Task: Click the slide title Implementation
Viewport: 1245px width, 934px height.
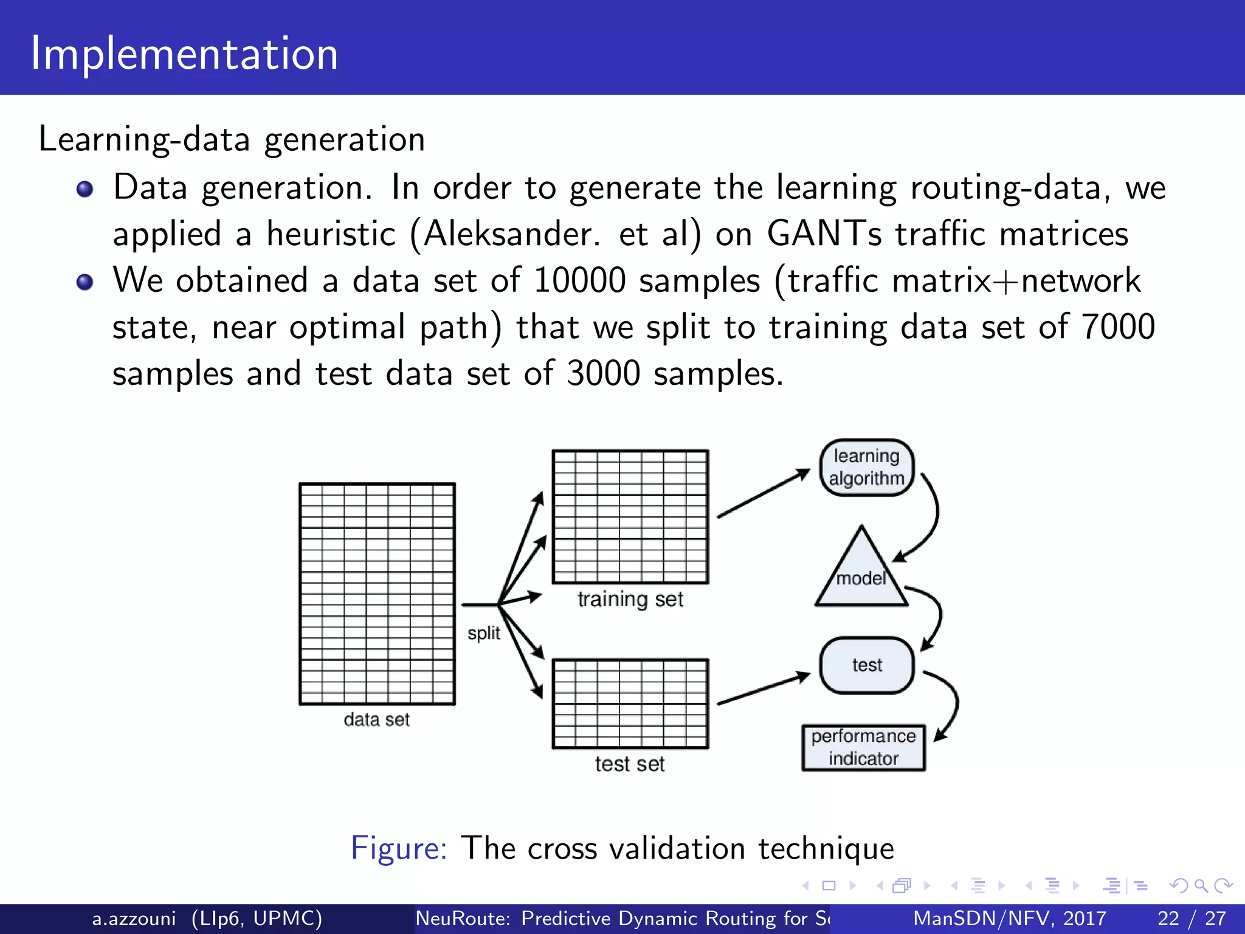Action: tap(184, 54)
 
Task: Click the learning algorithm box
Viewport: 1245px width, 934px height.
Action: tap(866, 467)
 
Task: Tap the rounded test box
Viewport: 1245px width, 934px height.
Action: tap(867, 665)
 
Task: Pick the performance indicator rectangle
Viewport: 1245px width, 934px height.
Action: tap(863, 747)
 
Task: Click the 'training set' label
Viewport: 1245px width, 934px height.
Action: tap(630, 600)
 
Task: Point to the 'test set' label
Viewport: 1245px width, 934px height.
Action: tap(630, 764)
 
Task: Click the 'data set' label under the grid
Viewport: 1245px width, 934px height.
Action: tap(377, 719)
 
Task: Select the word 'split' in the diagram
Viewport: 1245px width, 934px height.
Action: tap(484, 633)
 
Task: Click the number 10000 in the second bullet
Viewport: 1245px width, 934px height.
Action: tap(579, 280)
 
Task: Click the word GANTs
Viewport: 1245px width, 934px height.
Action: tap(824, 233)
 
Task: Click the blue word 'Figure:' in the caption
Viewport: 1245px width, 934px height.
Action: tap(399, 848)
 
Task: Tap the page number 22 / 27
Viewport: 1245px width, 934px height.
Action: tap(1191, 918)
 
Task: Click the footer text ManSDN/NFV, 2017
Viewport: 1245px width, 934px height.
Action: tap(1009, 918)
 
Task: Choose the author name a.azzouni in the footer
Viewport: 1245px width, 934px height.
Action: tap(134, 918)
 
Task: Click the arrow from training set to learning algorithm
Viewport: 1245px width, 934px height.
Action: tap(764, 493)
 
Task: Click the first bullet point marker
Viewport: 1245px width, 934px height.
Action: tap(85, 189)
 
